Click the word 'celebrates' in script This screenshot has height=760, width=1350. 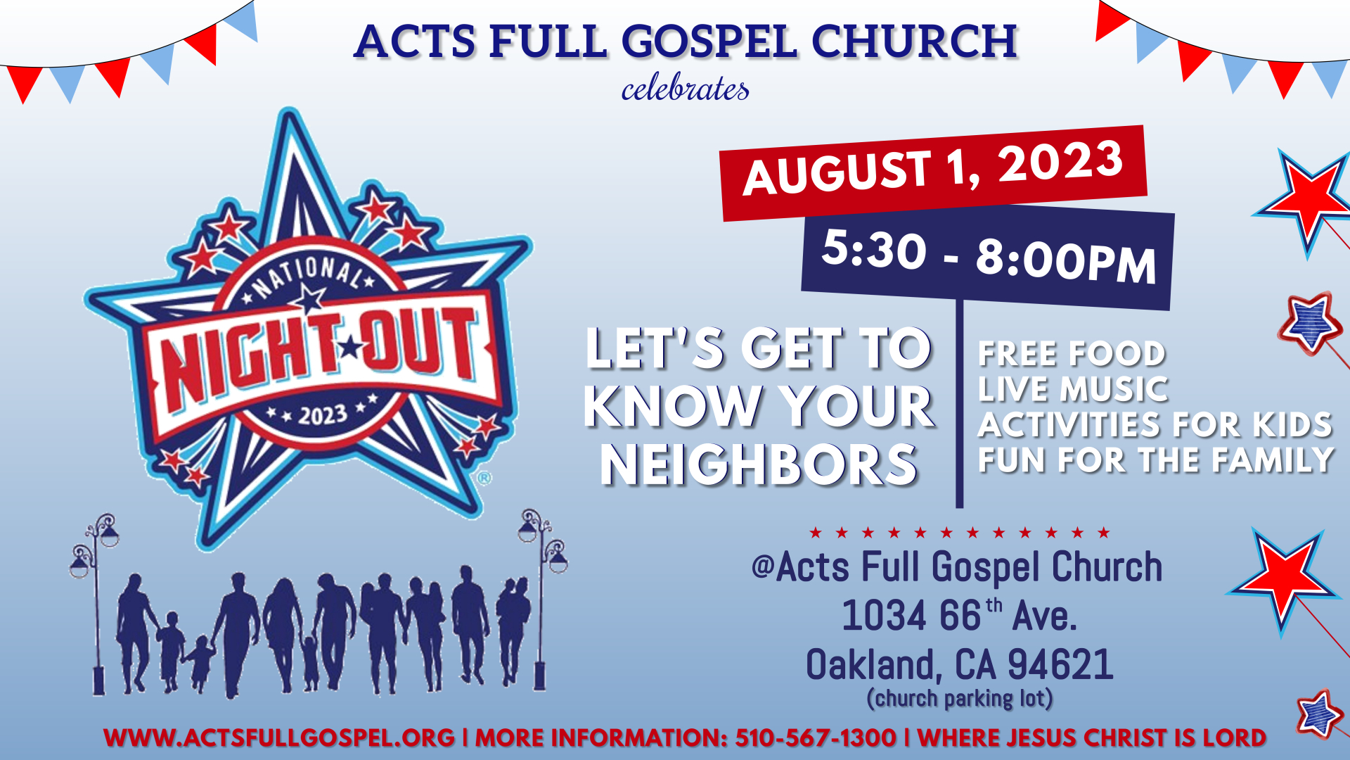click(x=685, y=89)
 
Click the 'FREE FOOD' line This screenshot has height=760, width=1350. click(x=1072, y=353)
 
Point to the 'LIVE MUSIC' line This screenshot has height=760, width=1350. click(x=1073, y=389)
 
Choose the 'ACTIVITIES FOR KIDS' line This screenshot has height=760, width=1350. click(x=1155, y=424)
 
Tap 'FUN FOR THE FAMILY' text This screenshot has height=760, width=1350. click(x=1156, y=460)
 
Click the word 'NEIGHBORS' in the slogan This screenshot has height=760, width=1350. click(x=759, y=465)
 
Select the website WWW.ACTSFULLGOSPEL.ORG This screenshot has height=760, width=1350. click(x=279, y=737)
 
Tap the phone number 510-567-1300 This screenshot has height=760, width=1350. click(x=816, y=737)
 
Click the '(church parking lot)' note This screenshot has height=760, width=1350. click(x=960, y=698)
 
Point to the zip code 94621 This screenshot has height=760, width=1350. click(x=1060, y=664)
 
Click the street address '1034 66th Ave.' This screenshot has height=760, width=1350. click(x=959, y=615)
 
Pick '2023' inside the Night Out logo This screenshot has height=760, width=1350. click(x=323, y=415)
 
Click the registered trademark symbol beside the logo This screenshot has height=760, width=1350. click(x=484, y=479)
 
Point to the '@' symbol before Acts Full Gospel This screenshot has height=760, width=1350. click(x=763, y=566)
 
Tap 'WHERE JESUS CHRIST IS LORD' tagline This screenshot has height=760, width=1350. click(x=1092, y=737)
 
